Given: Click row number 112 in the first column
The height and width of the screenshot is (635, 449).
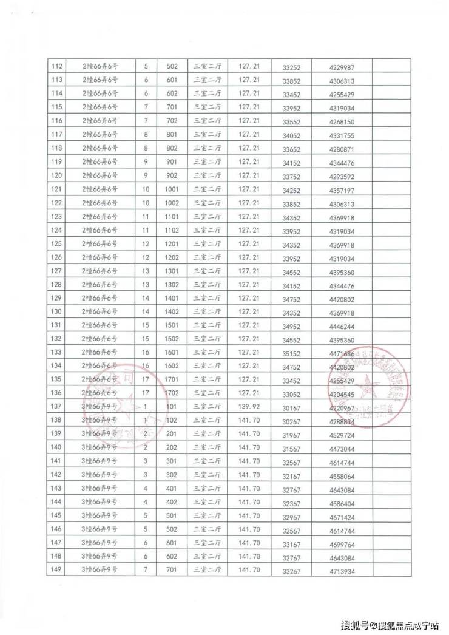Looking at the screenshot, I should click(58, 66).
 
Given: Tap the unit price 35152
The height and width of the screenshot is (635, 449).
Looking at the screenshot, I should click(291, 353).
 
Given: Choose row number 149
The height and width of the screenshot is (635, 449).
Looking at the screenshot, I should click(58, 569).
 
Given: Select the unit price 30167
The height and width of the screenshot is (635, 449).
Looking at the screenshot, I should click(291, 407).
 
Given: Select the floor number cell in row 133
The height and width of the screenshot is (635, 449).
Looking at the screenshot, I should click(145, 352).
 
